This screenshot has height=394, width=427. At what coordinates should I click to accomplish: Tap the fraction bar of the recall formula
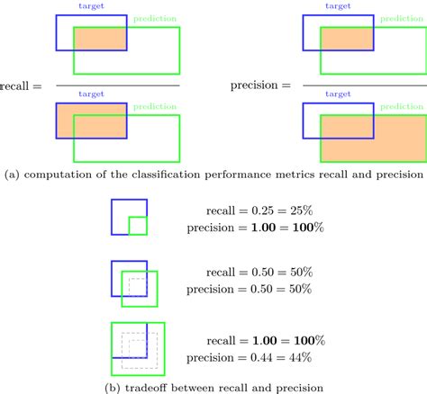(117, 85)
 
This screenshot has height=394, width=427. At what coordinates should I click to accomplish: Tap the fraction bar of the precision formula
(360, 85)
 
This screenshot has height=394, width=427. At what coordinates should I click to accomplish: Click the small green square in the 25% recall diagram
(137, 225)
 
